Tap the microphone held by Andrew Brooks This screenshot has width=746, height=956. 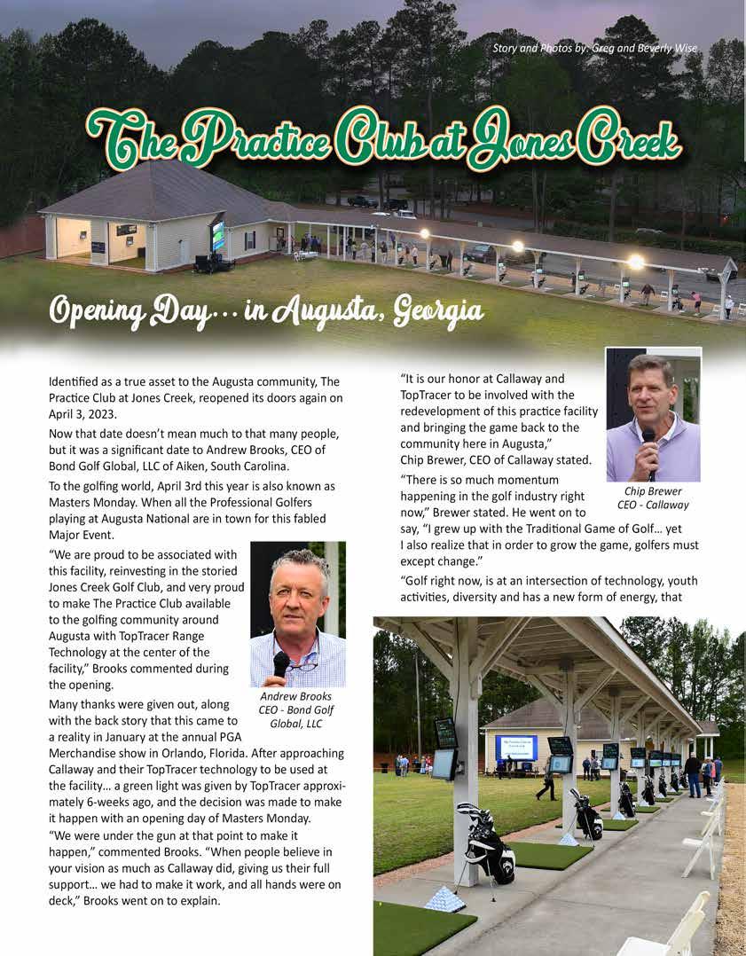point(281,664)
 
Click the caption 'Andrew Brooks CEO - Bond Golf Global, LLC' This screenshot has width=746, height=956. point(295,709)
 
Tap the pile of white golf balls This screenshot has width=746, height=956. point(444,897)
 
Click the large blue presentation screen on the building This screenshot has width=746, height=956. point(517,747)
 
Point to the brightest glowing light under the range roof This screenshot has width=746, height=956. point(635,262)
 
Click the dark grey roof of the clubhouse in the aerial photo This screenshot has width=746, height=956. point(160,191)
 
